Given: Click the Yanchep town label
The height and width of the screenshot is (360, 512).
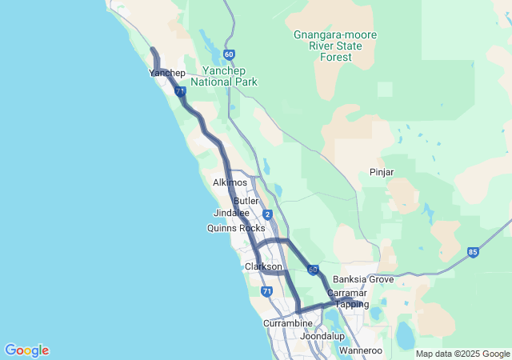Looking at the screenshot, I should [x=167, y=74].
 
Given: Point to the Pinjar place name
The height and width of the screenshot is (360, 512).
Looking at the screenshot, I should [x=382, y=172].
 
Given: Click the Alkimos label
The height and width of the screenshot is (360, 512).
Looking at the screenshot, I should [x=230, y=183].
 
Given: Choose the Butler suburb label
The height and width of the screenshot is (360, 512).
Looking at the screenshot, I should [x=246, y=201].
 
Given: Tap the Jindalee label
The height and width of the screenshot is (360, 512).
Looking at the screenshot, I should [x=232, y=214].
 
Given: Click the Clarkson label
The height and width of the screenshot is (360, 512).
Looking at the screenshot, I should [x=263, y=266].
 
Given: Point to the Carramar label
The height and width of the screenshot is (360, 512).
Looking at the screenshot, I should [x=347, y=294].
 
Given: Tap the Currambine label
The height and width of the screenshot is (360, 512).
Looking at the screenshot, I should [x=288, y=323].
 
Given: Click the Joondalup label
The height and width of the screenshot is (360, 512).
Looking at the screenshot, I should [x=322, y=337].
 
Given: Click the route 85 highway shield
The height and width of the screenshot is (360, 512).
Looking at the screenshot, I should [x=474, y=253].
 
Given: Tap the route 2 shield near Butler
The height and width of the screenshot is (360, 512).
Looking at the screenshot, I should [x=267, y=214].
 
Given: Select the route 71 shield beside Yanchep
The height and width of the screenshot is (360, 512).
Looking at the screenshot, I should [x=177, y=92].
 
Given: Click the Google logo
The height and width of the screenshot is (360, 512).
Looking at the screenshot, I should [x=26, y=350].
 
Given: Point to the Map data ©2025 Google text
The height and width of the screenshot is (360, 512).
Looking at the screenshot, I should [x=462, y=354].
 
